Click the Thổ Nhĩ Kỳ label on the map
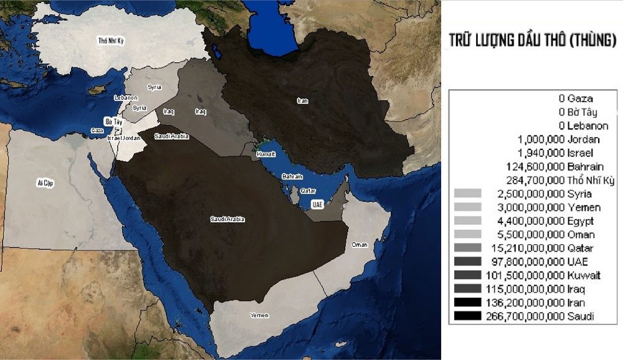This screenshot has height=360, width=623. click(x=112, y=41)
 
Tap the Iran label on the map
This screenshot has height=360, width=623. click(x=303, y=100)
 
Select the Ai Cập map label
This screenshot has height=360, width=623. click(x=44, y=182)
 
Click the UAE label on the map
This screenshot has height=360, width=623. click(x=318, y=204)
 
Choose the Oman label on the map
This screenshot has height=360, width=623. click(x=359, y=245)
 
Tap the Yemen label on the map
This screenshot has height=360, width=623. click(x=259, y=315)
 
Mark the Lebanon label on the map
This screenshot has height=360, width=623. click(x=126, y=98)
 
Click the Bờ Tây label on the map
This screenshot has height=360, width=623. click(x=113, y=121)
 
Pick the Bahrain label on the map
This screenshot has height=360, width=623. click(x=292, y=177)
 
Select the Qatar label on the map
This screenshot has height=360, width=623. click(x=308, y=191)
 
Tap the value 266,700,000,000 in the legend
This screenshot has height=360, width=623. click(x=525, y=317)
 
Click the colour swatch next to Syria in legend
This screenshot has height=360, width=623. click(x=468, y=194)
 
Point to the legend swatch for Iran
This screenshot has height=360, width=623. click(x=468, y=303)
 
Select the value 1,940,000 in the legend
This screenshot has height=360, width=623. click(x=541, y=153)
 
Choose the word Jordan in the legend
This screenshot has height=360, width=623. click(x=584, y=139)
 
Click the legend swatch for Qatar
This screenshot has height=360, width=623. click(x=468, y=249)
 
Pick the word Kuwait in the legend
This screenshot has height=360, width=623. click(x=584, y=276)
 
